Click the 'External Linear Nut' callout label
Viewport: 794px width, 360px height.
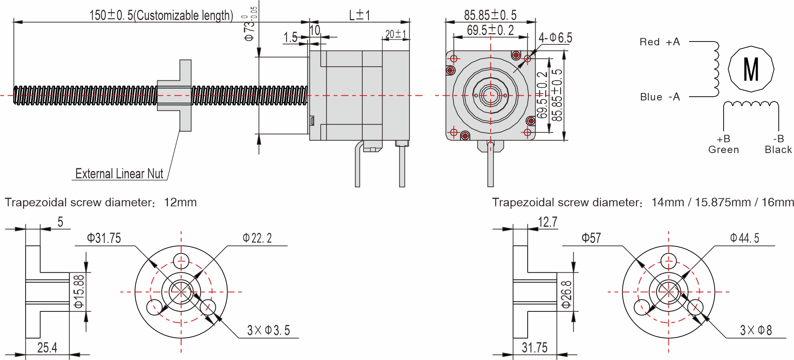[x=119, y=174]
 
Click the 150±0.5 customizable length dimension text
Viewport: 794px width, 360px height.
[x=161, y=15]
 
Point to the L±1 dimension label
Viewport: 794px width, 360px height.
[x=359, y=15]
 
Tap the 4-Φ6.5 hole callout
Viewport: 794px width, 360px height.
[x=555, y=38]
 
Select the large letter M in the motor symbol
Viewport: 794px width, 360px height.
[x=751, y=69]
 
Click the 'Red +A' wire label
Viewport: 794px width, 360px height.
[x=659, y=42]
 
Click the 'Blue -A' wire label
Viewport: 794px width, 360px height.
[x=659, y=97]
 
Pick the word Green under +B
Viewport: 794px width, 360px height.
[x=723, y=150]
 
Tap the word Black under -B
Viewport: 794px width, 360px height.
[x=778, y=150]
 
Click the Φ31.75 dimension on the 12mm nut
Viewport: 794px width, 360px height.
[x=104, y=238]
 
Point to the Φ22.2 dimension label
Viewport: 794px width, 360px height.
[x=257, y=238]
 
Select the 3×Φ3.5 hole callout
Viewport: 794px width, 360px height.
[x=268, y=330]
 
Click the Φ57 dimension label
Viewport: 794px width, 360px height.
[x=591, y=238]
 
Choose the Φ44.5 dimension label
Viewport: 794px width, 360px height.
[x=745, y=238]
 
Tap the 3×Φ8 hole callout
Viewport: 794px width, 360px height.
[x=756, y=330]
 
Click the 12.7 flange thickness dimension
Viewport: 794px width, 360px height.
[x=547, y=222]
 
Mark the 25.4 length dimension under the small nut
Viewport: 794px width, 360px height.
[x=47, y=348]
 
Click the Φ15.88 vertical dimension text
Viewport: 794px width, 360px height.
[x=79, y=292]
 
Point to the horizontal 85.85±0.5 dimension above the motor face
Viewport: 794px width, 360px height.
[x=490, y=15]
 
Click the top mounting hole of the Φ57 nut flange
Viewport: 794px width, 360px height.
[x=668, y=260]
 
